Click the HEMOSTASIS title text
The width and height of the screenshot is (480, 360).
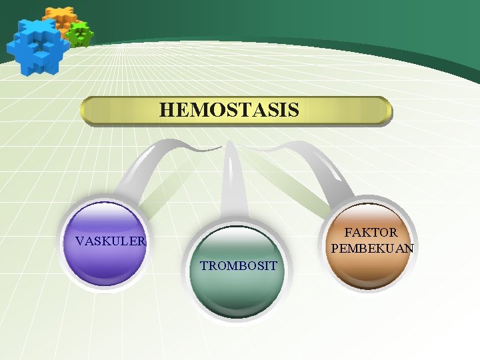[x=229, y=110]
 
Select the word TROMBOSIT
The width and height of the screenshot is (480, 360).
[x=239, y=266]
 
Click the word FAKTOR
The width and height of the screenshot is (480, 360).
[x=371, y=233]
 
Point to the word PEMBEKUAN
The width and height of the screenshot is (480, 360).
[x=372, y=249]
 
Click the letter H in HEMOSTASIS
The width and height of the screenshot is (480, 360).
[x=166, y=110]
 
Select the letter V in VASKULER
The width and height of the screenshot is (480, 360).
[x=79, y=241]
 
